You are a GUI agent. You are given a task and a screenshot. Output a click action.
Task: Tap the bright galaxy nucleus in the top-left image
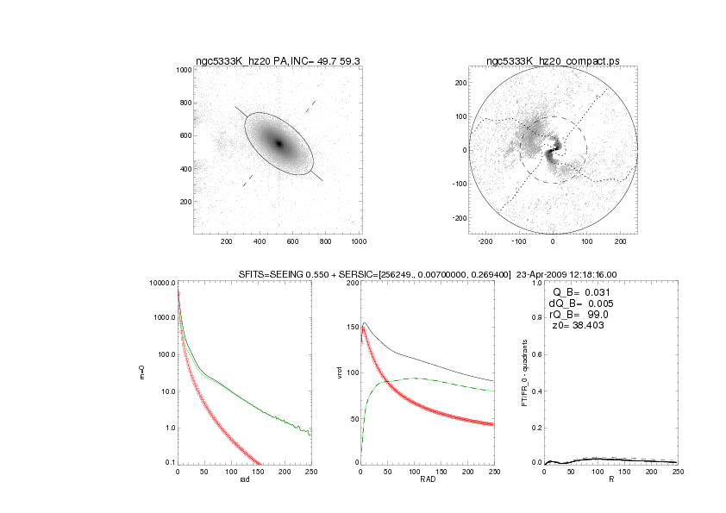(x=279, y=143)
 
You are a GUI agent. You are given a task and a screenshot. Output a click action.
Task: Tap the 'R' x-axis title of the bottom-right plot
(x=610, y=480)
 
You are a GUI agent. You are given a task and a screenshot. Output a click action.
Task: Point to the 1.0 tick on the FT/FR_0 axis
(x=536, y=283)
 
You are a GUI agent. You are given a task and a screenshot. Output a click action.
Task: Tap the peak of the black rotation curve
(x=366, y=323)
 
